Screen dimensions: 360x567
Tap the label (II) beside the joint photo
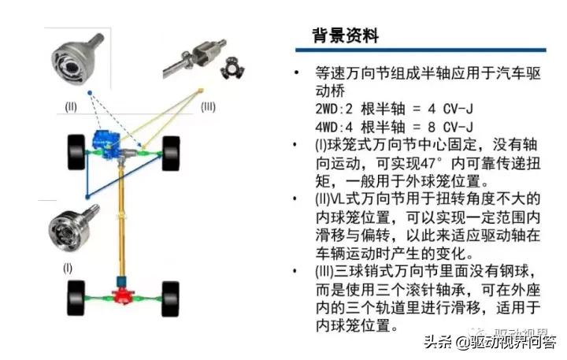point(71,106)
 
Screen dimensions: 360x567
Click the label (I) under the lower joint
point(68,268)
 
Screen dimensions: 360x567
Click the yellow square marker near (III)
point(202,91)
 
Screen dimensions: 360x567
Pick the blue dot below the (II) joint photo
point(91,93)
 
